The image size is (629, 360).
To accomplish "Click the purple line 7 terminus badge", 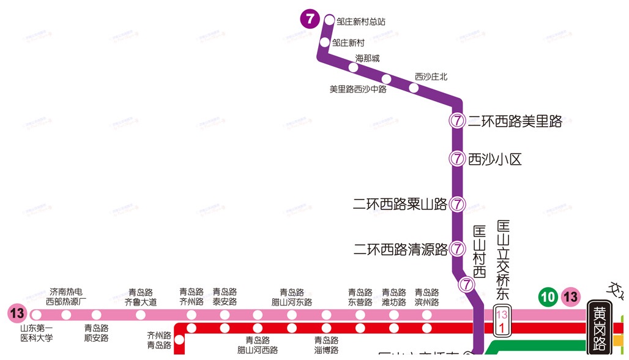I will [310, 19].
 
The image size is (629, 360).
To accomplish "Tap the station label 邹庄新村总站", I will [361, 21].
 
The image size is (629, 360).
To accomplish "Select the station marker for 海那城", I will [353, 67].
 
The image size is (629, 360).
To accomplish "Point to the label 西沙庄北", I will [431, 77].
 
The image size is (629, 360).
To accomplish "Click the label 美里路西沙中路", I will [358, 89].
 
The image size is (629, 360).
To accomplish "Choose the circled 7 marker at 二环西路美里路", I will [457, 121].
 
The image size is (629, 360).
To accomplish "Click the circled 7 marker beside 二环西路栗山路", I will [457, 204].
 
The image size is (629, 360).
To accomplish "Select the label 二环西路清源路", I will [401, 249].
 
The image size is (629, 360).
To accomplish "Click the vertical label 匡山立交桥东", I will [503, 260].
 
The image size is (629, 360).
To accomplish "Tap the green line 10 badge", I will [548, 298].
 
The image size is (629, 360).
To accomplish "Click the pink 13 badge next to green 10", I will [571, 298].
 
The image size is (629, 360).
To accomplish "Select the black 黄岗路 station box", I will [598, 327].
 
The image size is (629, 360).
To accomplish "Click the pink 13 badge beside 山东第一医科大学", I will [17, 314].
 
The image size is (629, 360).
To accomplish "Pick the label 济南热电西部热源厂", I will [66, 297].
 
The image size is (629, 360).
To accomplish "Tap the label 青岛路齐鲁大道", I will [141, 297].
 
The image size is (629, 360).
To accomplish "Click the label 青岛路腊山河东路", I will [292, 297].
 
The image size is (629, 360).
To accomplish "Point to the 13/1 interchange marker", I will [502, 321].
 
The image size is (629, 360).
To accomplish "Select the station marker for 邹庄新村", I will [325, 42].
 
